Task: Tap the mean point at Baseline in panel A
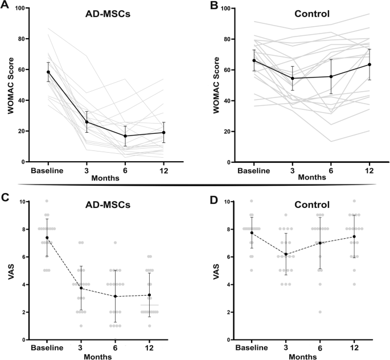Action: coord(48,72)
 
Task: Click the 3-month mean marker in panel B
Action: coord(292,79)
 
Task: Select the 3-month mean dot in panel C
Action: coord(81,288)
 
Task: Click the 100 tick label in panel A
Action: coord(24,9)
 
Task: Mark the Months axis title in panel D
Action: coord(303,356)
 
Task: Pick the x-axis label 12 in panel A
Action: coord(148,170)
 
